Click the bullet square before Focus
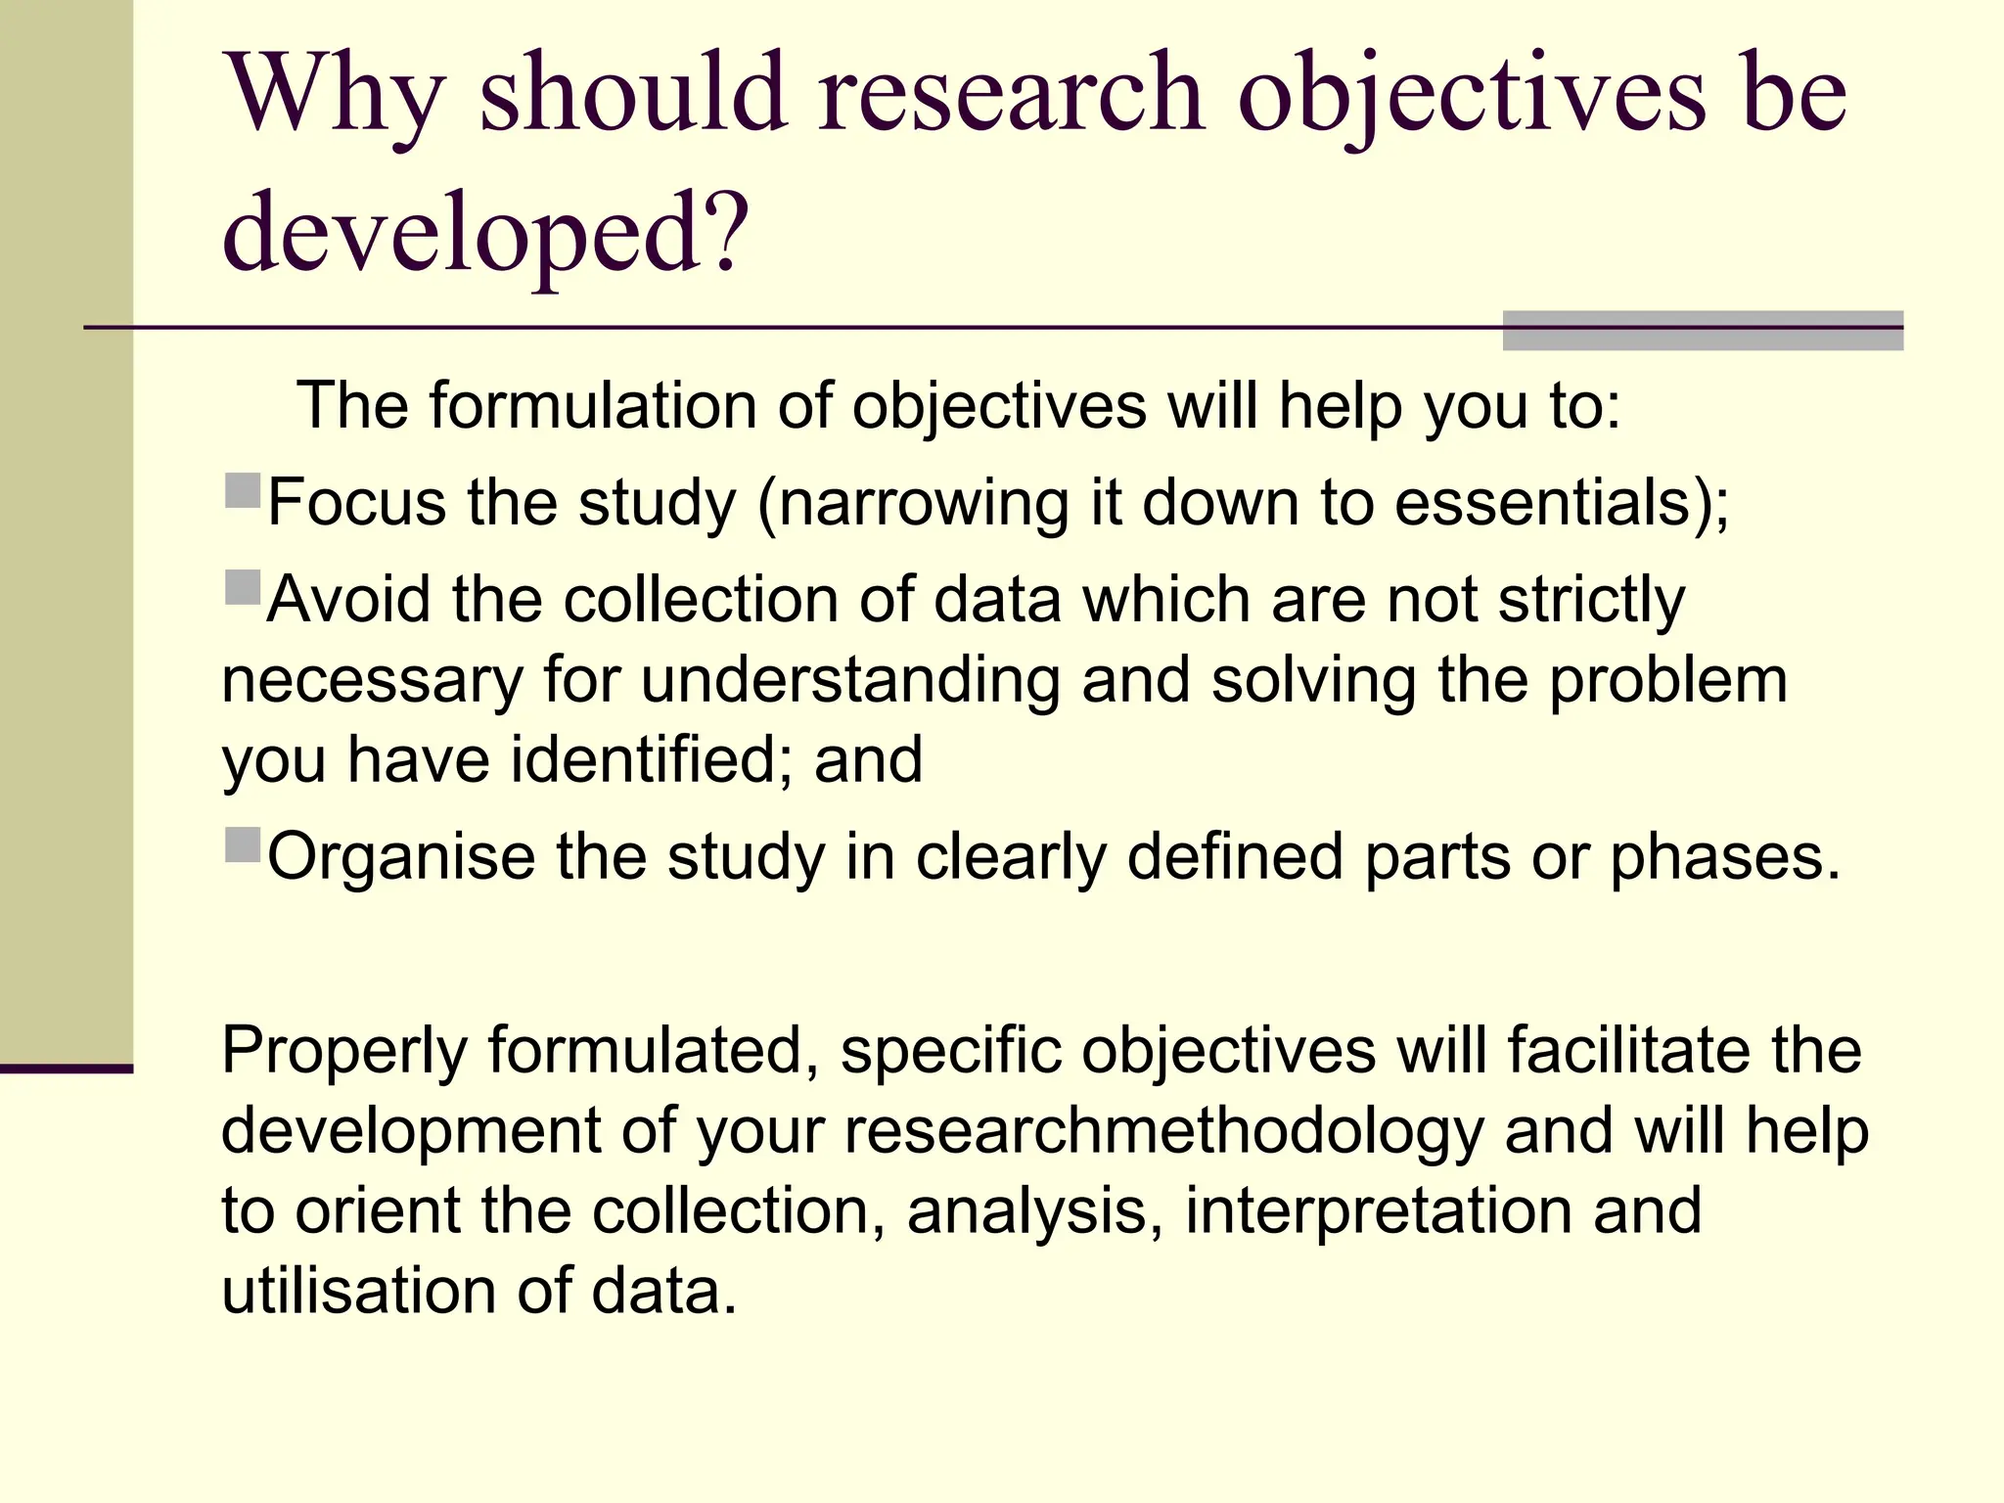(x=243, y=490)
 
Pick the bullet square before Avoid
(x=243, y=587)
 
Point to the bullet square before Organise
(x=243, y=844)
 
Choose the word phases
(x=1724, y=857)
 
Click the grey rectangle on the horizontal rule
(x=1702, y=331)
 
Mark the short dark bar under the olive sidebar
(x=66, y=1069)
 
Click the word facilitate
(x=1629, y=1051)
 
